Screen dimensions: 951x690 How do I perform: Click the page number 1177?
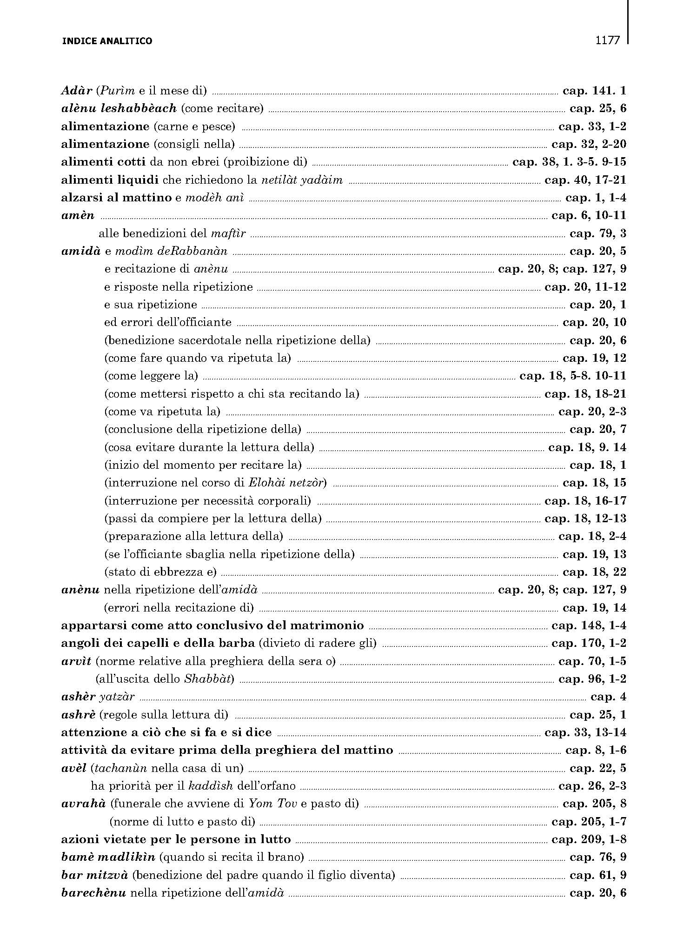[608, 40]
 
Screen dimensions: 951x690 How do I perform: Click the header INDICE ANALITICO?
[107, 41]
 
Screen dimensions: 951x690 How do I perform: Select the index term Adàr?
[77, 91]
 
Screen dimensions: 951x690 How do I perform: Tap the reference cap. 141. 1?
[594, 91]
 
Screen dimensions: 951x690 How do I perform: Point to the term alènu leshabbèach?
[119, 108]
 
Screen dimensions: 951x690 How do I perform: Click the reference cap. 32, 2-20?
[589, 144]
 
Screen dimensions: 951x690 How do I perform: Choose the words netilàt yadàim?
[302, 180]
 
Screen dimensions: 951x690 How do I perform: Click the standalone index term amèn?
[78, 215]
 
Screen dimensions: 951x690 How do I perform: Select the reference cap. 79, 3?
[598, 233]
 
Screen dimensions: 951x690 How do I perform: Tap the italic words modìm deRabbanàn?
[171, 251]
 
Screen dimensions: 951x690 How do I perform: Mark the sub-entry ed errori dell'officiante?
[167, 322]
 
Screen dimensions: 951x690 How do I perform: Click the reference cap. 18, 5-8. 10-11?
[572, 376]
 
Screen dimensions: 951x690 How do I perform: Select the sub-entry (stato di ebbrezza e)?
[160, 572]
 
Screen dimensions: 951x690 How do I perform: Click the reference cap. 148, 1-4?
[589, 625]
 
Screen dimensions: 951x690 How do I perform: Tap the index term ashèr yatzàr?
[98, 697]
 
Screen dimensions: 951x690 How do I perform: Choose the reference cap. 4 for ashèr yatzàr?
[608, 697]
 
